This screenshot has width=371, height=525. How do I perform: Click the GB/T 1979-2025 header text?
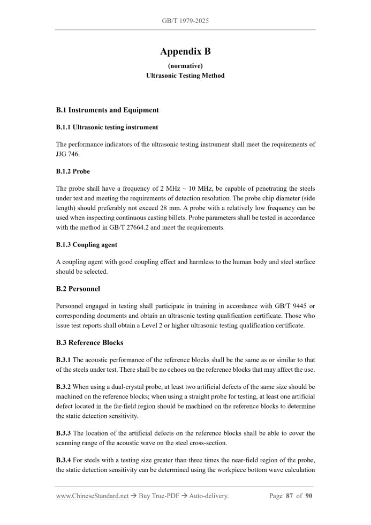(185, 21)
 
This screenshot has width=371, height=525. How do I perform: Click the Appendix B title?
(185, 51)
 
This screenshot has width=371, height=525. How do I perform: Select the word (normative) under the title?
(185, 65)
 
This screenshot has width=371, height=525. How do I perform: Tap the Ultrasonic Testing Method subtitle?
(185, 76)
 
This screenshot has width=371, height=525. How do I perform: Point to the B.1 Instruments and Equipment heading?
(107, 110)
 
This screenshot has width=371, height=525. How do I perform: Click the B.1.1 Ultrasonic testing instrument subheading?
(107, 127)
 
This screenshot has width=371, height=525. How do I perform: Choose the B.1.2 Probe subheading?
(73, 171)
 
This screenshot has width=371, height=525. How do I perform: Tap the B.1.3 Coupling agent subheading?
(86, 245)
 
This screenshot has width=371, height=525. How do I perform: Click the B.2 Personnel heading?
(78, 288)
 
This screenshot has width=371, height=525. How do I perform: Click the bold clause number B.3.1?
(63, 360)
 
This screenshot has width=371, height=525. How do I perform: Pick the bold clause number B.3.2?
(63, 386)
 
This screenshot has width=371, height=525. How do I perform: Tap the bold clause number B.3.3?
(63, 433)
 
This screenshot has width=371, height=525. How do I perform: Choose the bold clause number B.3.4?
(63, 460)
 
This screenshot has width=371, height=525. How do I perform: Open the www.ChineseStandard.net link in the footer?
(92, 496)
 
